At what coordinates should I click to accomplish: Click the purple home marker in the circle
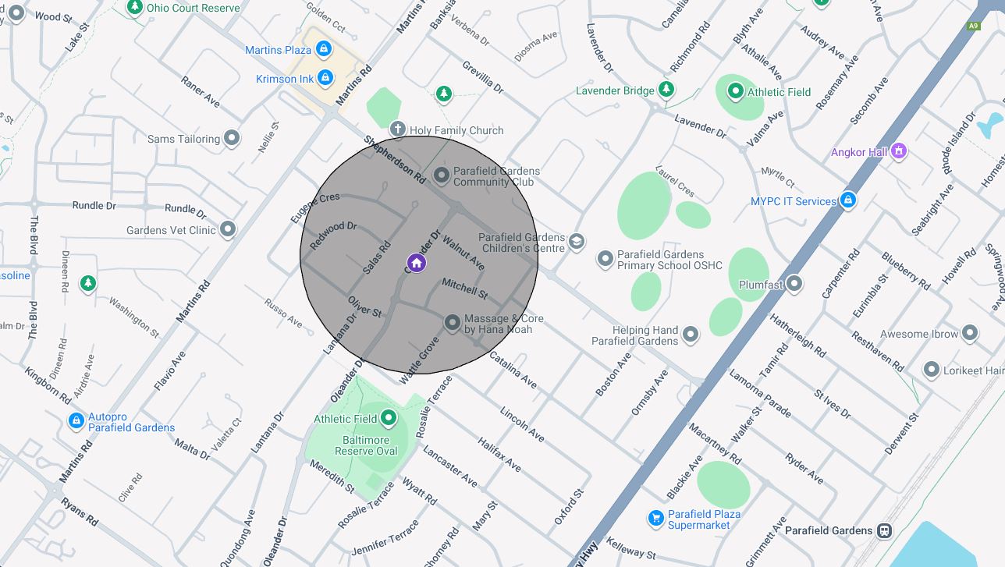(417, 263)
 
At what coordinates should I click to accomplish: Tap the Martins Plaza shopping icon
(324, 49)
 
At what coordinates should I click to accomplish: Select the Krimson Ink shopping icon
(325, 78)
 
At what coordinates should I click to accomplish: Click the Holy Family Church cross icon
(397, 129)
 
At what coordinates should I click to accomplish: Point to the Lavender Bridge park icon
(666, 90)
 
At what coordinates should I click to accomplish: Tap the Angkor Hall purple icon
(898, 151)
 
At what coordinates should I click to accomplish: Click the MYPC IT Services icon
(847, 200)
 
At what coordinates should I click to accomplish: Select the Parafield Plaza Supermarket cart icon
(655, 518)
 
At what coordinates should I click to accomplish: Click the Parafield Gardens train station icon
(884, 531)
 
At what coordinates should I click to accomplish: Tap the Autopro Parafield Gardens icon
(76, 421)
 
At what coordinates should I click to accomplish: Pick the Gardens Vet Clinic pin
(228, 229)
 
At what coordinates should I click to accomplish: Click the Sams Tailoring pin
(232, 138)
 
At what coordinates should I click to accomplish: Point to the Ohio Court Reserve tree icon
(135, 7)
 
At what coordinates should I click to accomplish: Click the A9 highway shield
(973, 26)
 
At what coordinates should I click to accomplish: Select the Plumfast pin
(794, 283)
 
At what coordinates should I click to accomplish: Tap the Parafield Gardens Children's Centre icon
(577, 242)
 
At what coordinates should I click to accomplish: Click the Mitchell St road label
(464, 288)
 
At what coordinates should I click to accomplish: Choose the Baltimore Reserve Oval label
(366, 445)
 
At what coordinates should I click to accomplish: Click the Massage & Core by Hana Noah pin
(452, 322)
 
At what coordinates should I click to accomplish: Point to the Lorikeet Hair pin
(931, 370)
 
